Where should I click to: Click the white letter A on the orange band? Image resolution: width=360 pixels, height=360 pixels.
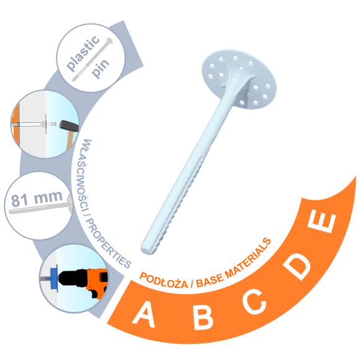[144, 314]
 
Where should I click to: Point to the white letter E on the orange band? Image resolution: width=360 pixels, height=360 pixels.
[322, 223]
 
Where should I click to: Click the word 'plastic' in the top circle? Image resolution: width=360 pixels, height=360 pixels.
[83, 53]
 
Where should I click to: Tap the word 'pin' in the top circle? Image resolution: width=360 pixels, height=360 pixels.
[101, 68]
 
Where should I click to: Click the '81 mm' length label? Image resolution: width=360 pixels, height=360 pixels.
[37, 198]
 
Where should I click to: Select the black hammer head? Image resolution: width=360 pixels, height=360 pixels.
[69, 125]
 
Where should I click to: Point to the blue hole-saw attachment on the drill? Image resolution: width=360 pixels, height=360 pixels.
[54, 278]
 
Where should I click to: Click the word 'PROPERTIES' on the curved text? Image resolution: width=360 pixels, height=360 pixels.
[107, 244]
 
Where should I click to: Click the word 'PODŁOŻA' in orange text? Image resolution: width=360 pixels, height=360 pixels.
[164, 281]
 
